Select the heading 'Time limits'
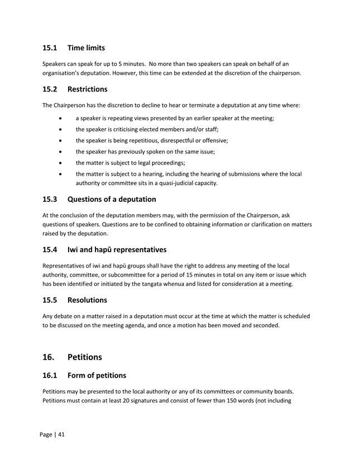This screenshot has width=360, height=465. tap(86, 48)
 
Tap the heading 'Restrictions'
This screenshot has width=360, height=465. tap(87, 89)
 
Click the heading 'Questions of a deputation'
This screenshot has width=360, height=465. tap(112, 199)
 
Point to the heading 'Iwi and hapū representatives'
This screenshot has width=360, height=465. tap(117, 250)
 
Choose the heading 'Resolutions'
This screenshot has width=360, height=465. tap(87, 300)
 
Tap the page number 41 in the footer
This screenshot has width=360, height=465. tap(60, 434)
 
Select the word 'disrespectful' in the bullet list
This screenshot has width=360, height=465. tap(174, 141)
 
